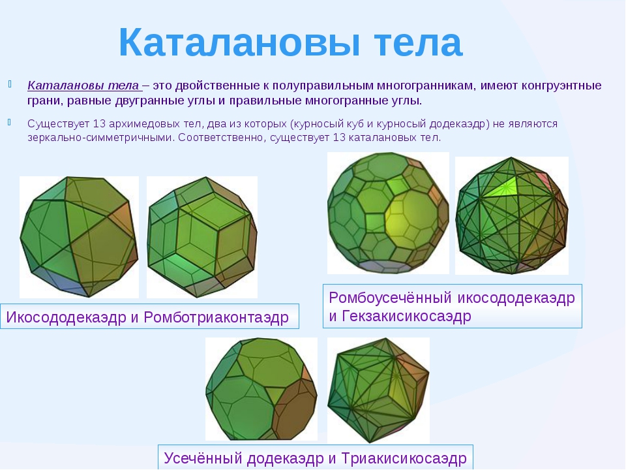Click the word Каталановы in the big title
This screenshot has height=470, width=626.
(x=239, y=43)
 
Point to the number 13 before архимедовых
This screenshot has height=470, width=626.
(x=99, y=123)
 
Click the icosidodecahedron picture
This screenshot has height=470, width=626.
(x=79, y=237)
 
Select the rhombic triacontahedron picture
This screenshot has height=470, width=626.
(x=202, y=237)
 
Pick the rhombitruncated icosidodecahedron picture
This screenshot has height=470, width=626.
(x=388, y=213)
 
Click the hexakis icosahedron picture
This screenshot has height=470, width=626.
(x=512, y=215)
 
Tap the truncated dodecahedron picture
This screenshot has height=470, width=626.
(x=261, y=389)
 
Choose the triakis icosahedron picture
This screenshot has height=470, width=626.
(x=378, y=390)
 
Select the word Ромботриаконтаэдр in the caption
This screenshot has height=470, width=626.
(x=216, y=317)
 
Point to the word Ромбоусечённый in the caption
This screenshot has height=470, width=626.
(x=391, y=298)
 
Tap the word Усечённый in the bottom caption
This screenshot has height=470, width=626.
(x=203, y=458)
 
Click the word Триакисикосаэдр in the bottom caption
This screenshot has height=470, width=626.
(x=404, y=458)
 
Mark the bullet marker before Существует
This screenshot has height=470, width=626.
(x=9, y=122)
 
